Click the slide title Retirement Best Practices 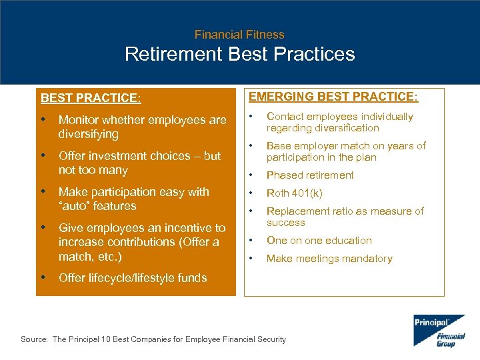click(239, 54)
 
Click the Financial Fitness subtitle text click(239, 35)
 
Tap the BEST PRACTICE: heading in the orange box click(90, 98)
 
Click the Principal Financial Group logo click(439, 331)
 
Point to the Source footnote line click(153, 339)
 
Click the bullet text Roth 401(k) click(294, 193)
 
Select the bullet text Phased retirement click(310, 175)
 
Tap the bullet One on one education click(319, 241)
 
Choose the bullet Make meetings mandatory click(329, 259)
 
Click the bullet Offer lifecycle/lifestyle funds click(133, 278)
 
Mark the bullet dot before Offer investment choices click(43, 155)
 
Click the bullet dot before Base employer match click(251, 146)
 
